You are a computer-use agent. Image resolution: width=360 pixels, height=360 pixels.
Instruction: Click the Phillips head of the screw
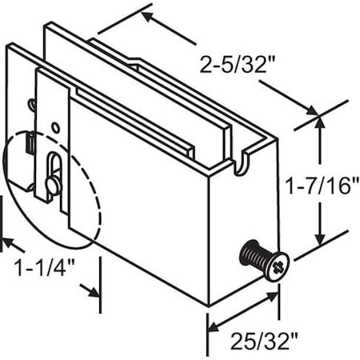276,264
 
